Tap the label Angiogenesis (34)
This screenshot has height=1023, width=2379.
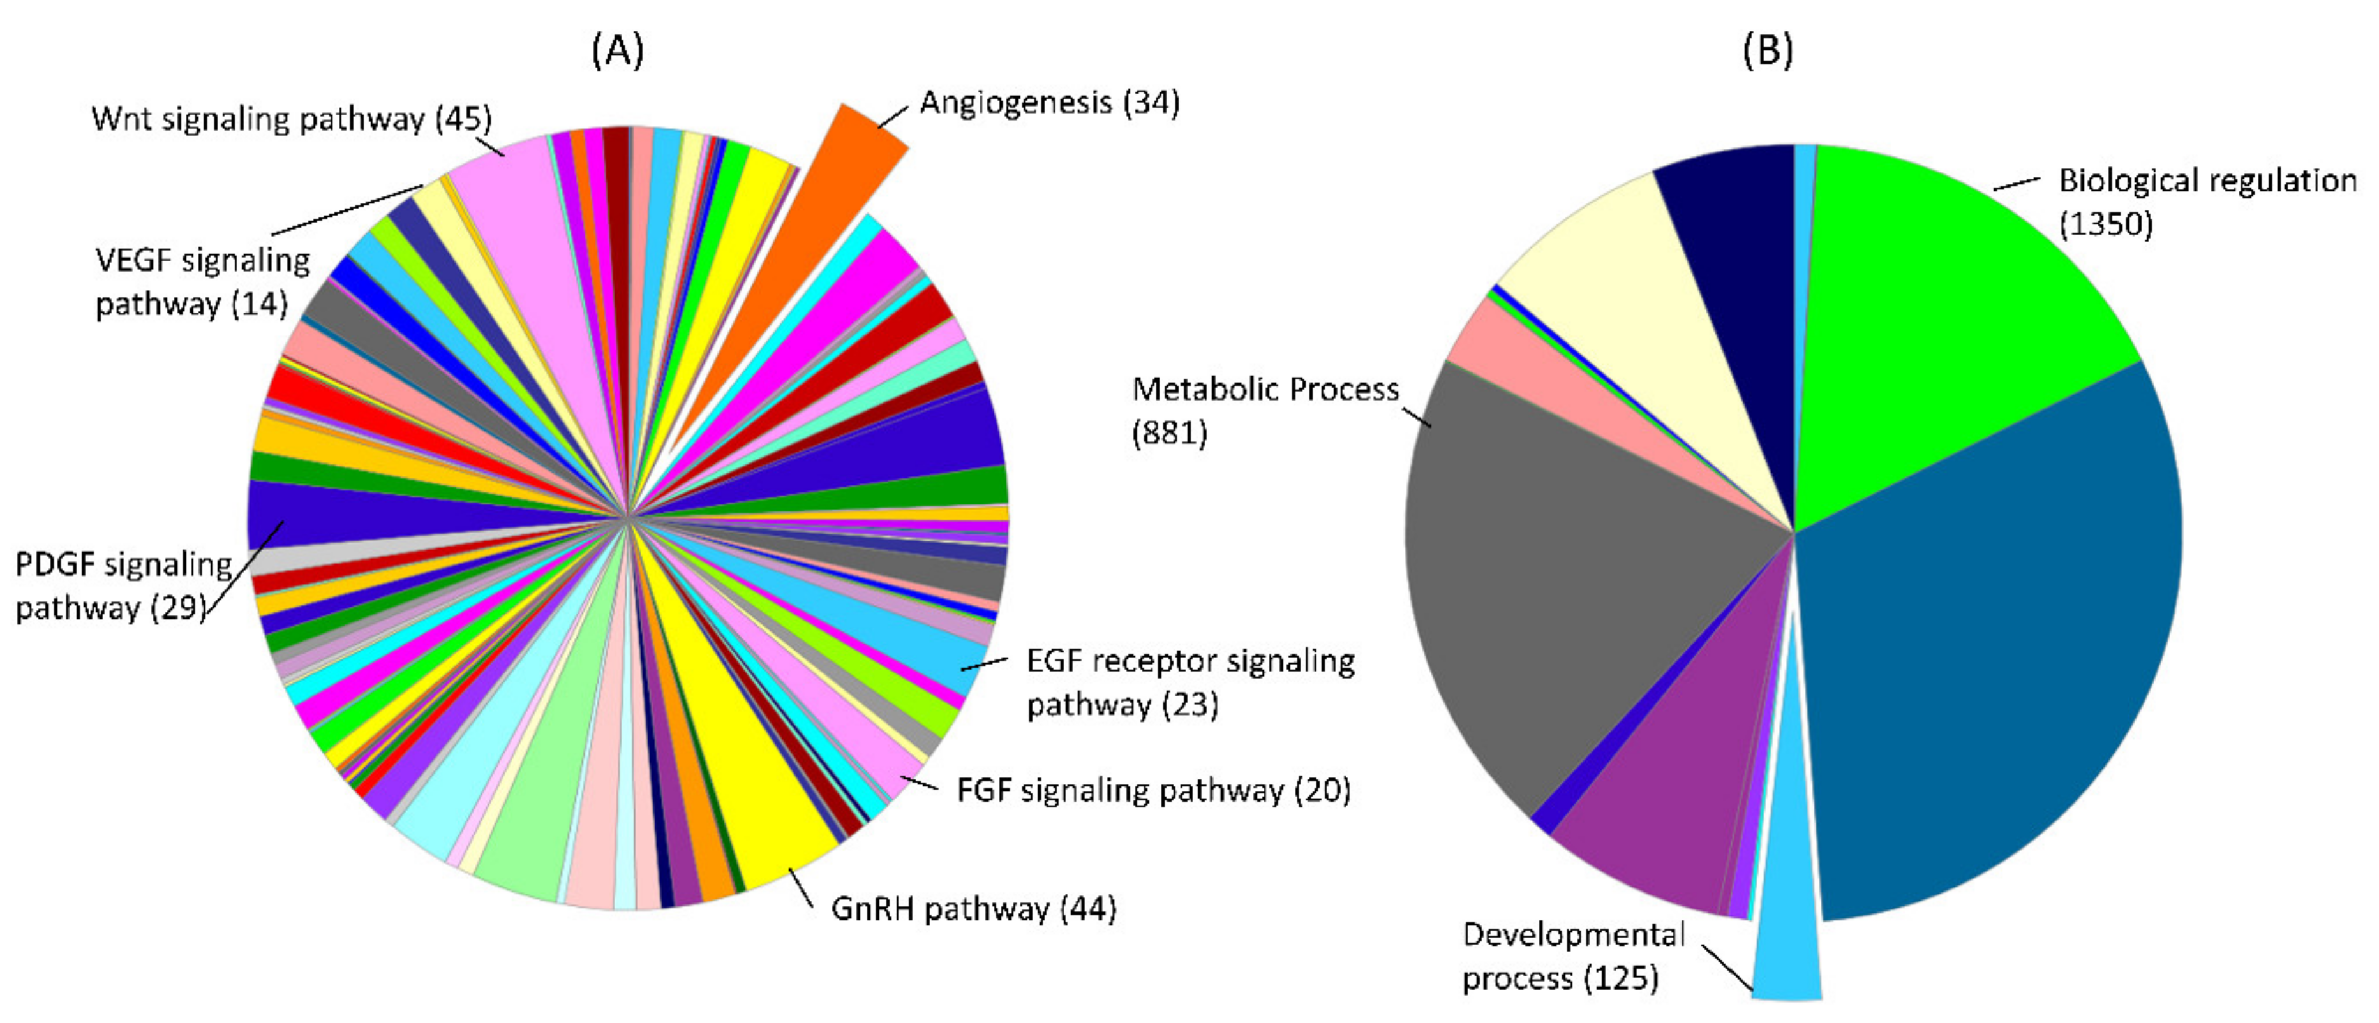1049,103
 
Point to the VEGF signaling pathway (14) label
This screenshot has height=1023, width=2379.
202,282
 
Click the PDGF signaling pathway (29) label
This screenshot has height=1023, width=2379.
123,586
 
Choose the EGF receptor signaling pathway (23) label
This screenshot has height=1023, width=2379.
1190,682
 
